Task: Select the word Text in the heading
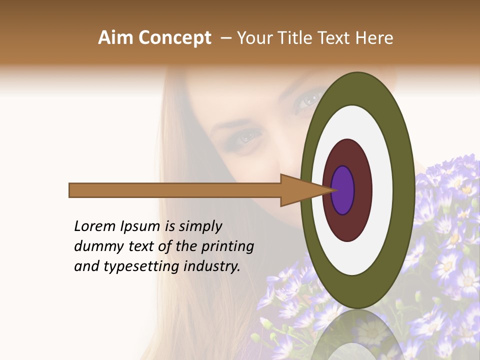point(337,38)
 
